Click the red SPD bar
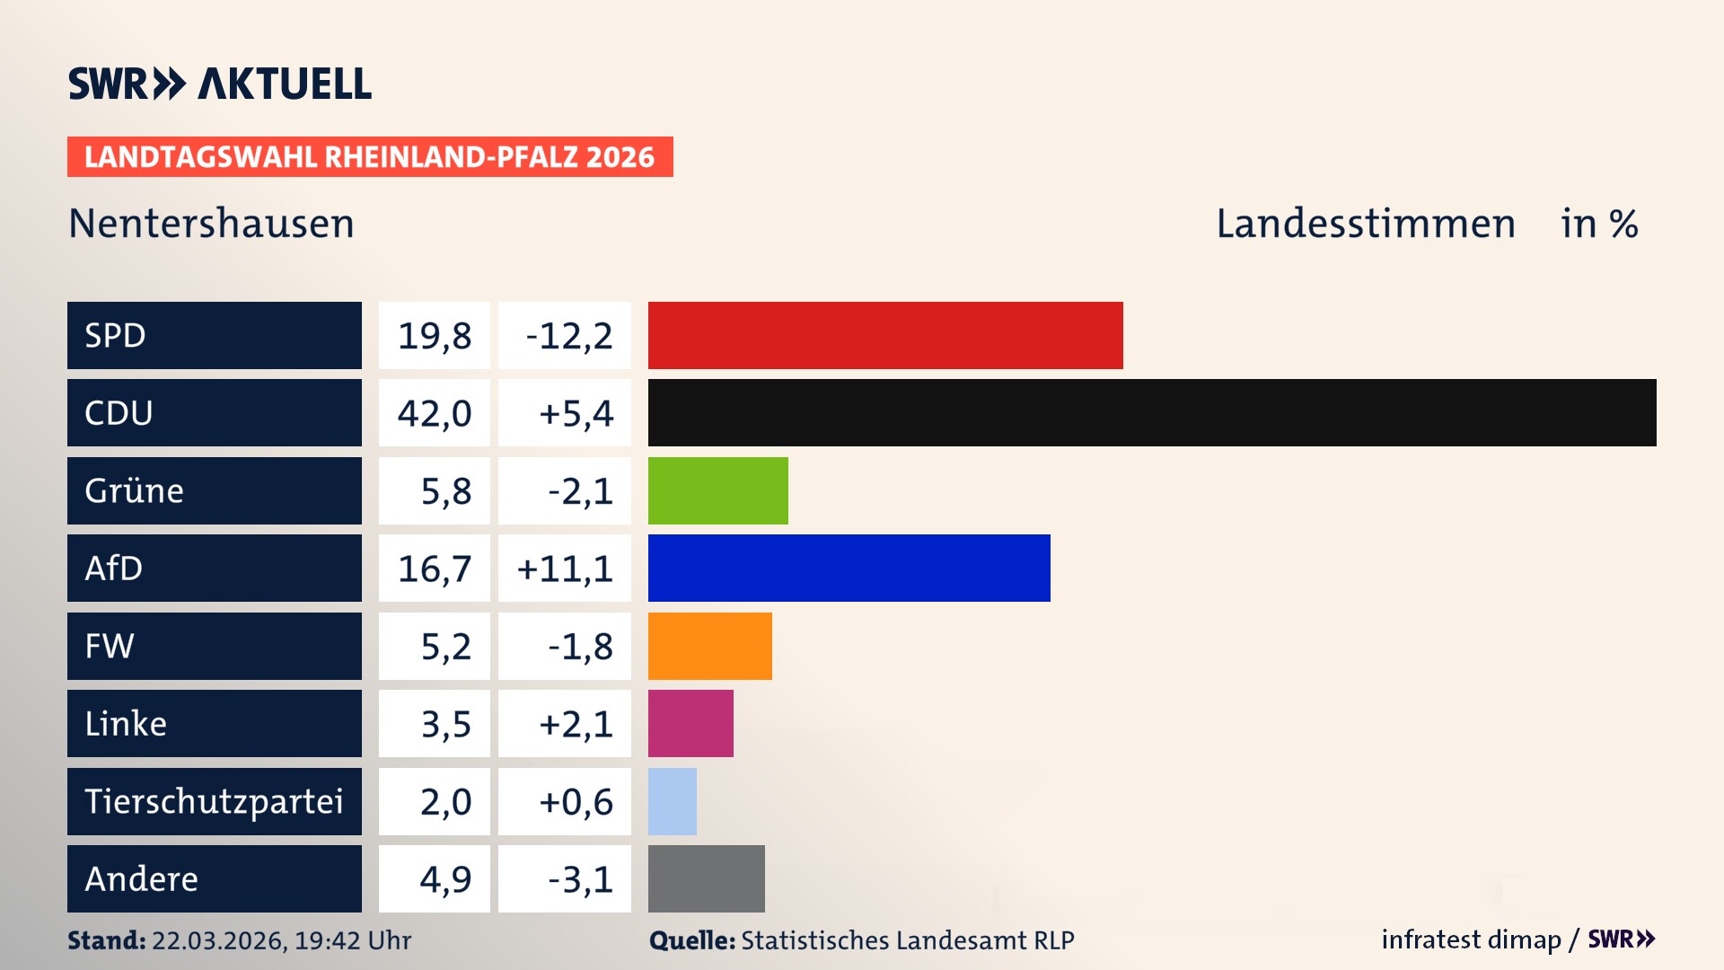[x=884, y=335]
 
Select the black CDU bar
[x=1151, y=412]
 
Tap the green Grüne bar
[x=717, y=490]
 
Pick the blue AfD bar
[x=849, y=568]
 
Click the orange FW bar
[x=709, y=646]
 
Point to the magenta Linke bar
[x=690, y=723]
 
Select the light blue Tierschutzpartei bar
[x=672, y=801]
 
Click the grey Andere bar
[x=706, y=878]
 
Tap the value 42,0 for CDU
[x=435, y=413]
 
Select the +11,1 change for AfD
[x=565, y=569]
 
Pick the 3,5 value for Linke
[x=445, y=724]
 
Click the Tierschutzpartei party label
[x=214, y=801]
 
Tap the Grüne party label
[x=135, y=490]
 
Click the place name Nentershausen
[x=211, y=224]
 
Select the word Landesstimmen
[x=1365, y=224]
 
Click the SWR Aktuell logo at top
[x=219, y=84]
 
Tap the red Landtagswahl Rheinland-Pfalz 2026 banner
[x=369, y=157]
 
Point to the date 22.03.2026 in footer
[x=217, y=940]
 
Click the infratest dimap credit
[x=1470, y=939]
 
